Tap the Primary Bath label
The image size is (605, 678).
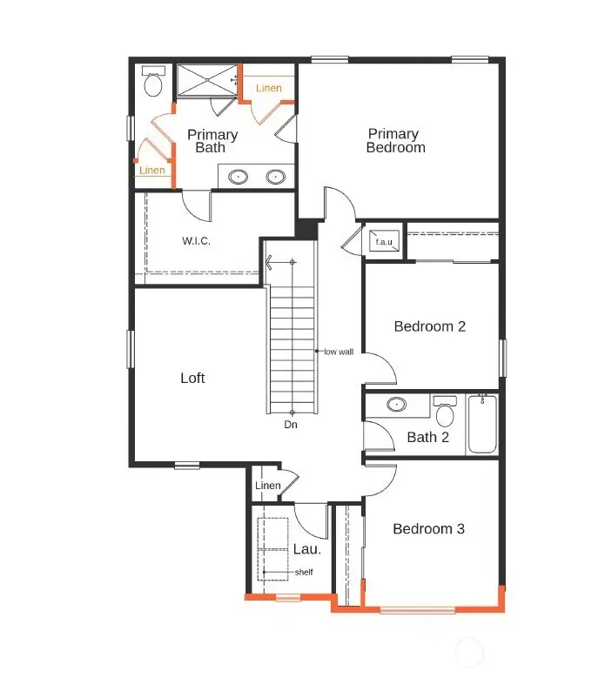pyautogui.click(x=212, y=141)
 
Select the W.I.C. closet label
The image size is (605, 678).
pyautogui.click(x=196, y=240)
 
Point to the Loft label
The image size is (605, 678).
pyautogui.click(x=192, y=378)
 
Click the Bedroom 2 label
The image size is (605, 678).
pyautogui.click(x=430, y=326)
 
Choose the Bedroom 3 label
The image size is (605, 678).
pyautogui.click(x=428, y=529)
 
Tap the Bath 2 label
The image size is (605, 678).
pyautogui.click(x=427, y=437)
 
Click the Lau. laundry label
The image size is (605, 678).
pyautogui.click(x=306, y=549)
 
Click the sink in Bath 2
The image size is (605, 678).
pyautogui.click(x=397, y=405)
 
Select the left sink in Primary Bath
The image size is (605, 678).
pyautogui.click(x=239, y=177)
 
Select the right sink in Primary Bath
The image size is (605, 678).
pyautogui.click(x=276, y=177)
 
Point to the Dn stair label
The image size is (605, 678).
pyautogui.click(x=292, y=426)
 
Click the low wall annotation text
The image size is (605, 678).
pyautogui.click(x=338, y=352)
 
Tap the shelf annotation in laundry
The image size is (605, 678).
pyautogui.click(x=303, y=572)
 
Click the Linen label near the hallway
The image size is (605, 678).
pyautogui.click(x=268, y=486)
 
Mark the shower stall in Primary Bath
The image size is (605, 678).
pyautogui.click(x=206, y=80)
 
